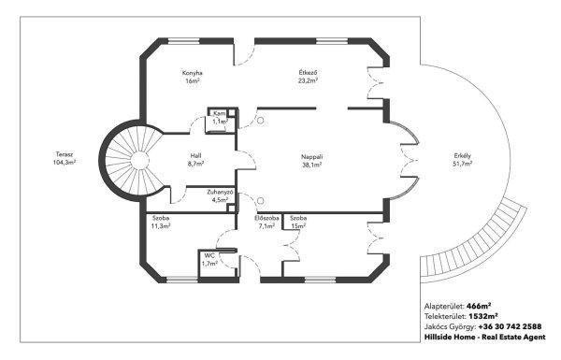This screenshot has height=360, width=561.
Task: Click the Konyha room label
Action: (x=193, y=77)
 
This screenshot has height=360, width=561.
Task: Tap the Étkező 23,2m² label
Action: (x=308, y=77)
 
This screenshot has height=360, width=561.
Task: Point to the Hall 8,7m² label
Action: (x=195, y=160)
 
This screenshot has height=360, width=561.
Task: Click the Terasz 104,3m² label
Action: (x=65, y=158)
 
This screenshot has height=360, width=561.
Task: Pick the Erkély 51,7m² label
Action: (x=463, y=160)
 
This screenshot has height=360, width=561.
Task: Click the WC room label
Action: (x=209, y=260)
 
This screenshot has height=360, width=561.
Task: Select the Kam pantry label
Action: (x=220, y=118)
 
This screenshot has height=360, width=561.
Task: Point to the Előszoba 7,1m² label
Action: (x=266, y=222)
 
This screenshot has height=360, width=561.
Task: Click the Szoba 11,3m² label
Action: (x=161, y=222)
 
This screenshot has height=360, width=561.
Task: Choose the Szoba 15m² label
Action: (x=298, y=222)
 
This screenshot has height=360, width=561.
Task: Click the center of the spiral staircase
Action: (x=139, y=161)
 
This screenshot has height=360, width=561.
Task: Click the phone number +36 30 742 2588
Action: (x=510, y=326)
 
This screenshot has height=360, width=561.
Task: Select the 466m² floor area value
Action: (x=479, y=307)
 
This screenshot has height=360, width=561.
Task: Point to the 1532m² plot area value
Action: (x=483, y=316)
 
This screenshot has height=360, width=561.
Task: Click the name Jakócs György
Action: (x=450, y=327)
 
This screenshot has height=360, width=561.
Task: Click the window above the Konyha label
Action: (x=183, y=41)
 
